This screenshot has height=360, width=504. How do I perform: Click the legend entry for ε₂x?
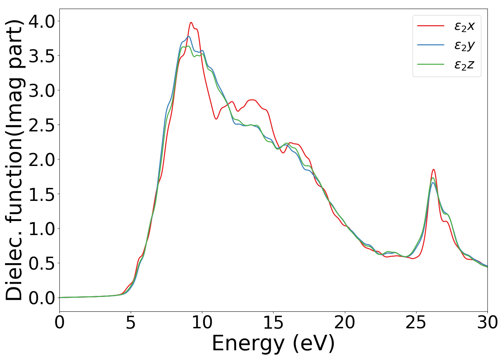pos(464,26)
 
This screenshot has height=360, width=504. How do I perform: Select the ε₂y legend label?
pos(464,45)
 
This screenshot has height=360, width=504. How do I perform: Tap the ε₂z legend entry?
pos(464,65)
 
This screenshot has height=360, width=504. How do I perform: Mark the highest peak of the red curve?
pos(191,22)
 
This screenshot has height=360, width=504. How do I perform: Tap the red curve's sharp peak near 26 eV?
pos(433,169)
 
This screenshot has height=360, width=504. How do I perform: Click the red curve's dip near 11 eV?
pos(216,119)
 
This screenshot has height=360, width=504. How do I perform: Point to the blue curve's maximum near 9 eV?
pos(188,36)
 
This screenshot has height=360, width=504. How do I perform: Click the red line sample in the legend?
pos(431,26)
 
